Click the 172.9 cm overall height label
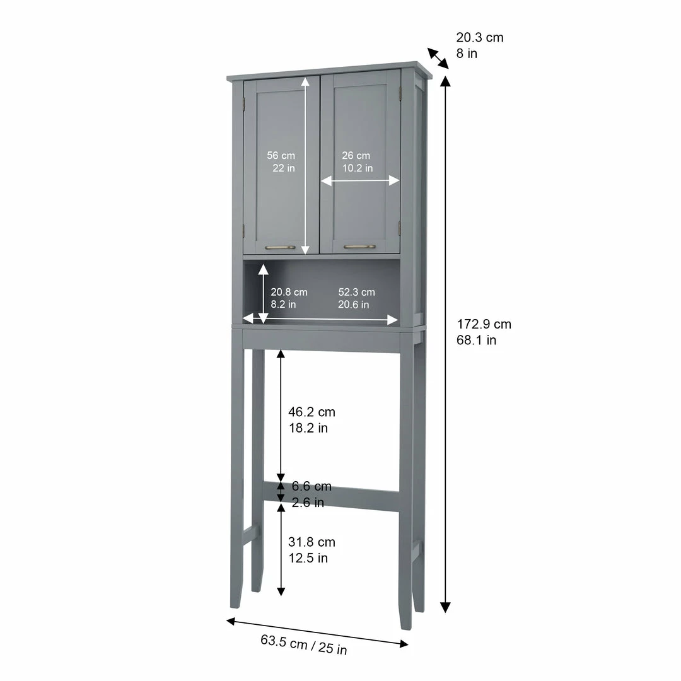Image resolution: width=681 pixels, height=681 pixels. point(484,332)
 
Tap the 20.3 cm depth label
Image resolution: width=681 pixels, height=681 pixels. point(479,45)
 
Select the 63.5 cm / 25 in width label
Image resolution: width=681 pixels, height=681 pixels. point(304,644)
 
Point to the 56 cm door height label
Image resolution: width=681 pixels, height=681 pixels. point(281,161)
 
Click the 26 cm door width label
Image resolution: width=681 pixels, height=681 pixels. point(356,161)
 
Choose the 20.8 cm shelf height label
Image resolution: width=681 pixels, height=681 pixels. point(289,298)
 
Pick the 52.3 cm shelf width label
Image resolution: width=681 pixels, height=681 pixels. point(356,298)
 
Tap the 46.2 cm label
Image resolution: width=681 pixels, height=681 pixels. point(311,420)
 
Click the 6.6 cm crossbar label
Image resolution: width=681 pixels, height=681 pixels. point(311,494)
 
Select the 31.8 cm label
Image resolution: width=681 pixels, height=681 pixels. point(311,550)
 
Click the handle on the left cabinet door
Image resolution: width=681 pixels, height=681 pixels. point(280,248)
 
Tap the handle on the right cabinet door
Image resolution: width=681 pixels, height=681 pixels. point(359,247)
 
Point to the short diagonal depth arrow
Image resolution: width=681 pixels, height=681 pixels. point(438,58)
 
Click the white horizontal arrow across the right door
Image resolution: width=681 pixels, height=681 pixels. point(360,180)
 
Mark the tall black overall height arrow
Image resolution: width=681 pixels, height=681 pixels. point(445,344)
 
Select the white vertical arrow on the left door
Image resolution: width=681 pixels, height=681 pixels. point(305,165)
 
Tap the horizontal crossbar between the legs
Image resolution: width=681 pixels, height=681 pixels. point(331,496)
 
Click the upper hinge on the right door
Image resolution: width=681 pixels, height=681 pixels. point(400,92)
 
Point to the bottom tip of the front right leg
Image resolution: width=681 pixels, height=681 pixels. point(405,629)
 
